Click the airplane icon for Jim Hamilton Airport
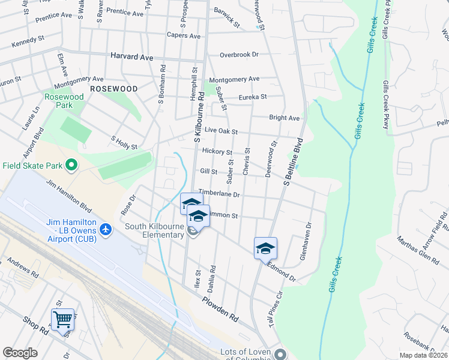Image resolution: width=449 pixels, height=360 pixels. click(x=106, y=229)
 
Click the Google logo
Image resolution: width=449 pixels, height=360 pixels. click(x=20, y=353)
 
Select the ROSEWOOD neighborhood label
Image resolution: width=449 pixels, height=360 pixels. click(x=113, y=89)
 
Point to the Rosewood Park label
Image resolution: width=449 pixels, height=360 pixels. click(x=63, y=101)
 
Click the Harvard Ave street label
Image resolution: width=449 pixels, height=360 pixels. click(x=131, y=56)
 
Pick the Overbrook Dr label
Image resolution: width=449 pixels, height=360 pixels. click(x=238, y=55)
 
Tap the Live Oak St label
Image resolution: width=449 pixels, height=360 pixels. click(x=221, y=131)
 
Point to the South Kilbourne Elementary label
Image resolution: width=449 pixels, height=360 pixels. click(x=154, y=230)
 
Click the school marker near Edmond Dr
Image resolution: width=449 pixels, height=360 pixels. click(x=265, y=248)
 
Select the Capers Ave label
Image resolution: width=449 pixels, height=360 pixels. click(x=183, y=36)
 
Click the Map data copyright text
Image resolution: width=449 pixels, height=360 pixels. click(x=423, y=355)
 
